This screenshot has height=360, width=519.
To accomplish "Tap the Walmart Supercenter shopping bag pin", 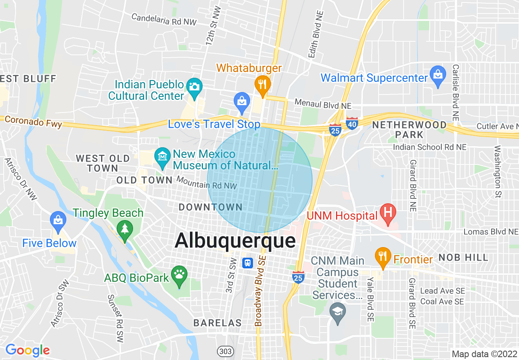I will pos(438,76).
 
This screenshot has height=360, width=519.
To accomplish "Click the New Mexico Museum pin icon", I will pos(163,157).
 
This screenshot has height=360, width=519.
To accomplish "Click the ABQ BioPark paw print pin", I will pos(179,275).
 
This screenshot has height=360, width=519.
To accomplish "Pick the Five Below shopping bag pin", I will pos(58,221).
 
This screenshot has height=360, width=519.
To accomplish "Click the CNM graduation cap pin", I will pos(338,312).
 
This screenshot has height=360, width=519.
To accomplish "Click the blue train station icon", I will pos(247,263).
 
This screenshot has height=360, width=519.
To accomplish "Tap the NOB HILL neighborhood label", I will pos(463,257).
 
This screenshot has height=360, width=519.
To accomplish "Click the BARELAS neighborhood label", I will pos(217,323).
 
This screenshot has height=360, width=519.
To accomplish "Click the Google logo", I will pos(27,350).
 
